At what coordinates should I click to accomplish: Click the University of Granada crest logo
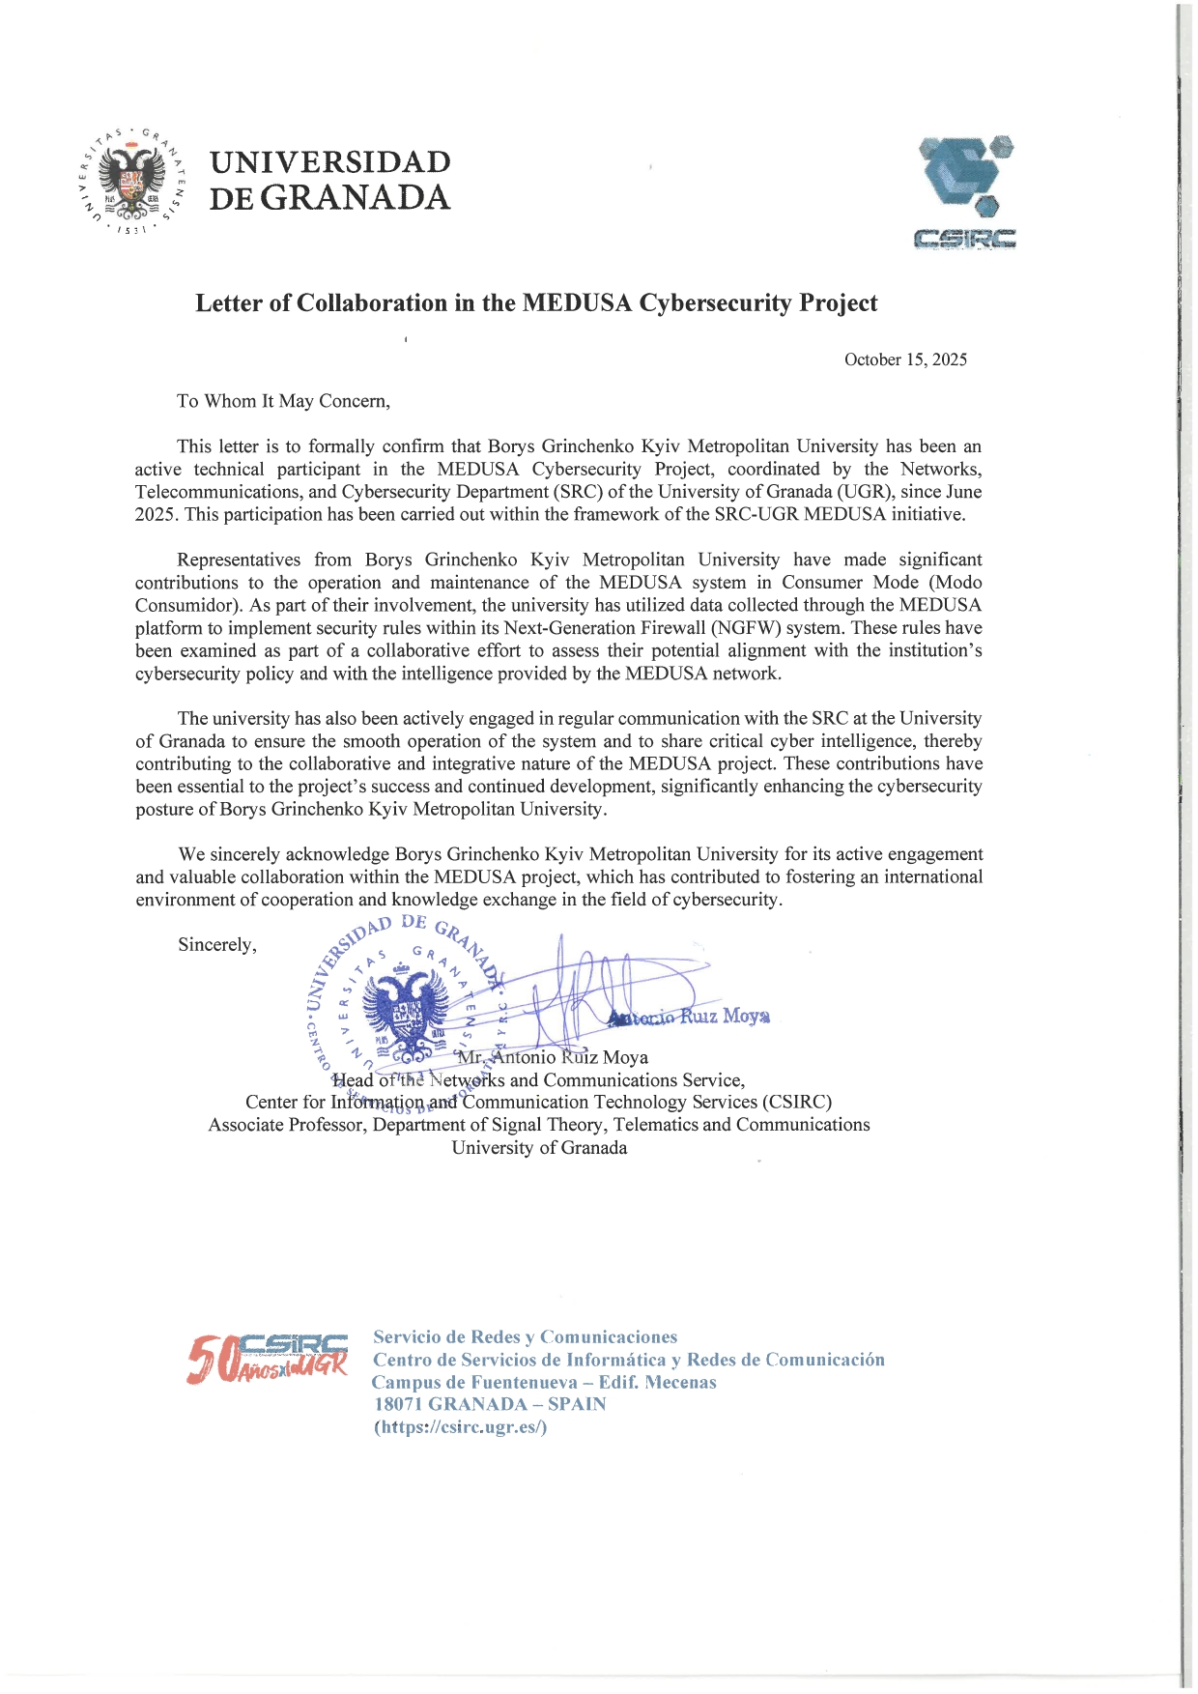pyautogui.click(x=130, y=181)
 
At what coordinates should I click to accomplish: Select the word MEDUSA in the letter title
pyautogui.click(x=577, y=302)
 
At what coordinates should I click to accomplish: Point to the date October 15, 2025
pyautogui.click(x=905, y=359)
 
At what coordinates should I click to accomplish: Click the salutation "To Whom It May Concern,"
pyautogui.click(x=283, y=401)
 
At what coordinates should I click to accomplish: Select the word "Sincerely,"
pyautogui.click(x=217, y=945)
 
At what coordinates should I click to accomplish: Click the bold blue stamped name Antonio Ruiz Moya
pyautogui.click(x=689, y=1017)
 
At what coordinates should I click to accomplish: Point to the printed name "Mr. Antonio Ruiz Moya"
pyautogui.click(x=553, y=1057)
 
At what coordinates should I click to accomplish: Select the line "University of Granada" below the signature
pyautogui.click(x=539, y=1148)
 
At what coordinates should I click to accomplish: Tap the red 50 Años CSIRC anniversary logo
pyautogui.click(x=268, y=1358)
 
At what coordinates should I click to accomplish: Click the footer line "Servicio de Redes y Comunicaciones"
pyautogui.click(x=526, y=1337)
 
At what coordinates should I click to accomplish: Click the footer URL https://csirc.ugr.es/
pyautogui.click(x=461, y=1427)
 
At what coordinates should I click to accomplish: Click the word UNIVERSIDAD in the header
pyautogui.click(x=330, y=161)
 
